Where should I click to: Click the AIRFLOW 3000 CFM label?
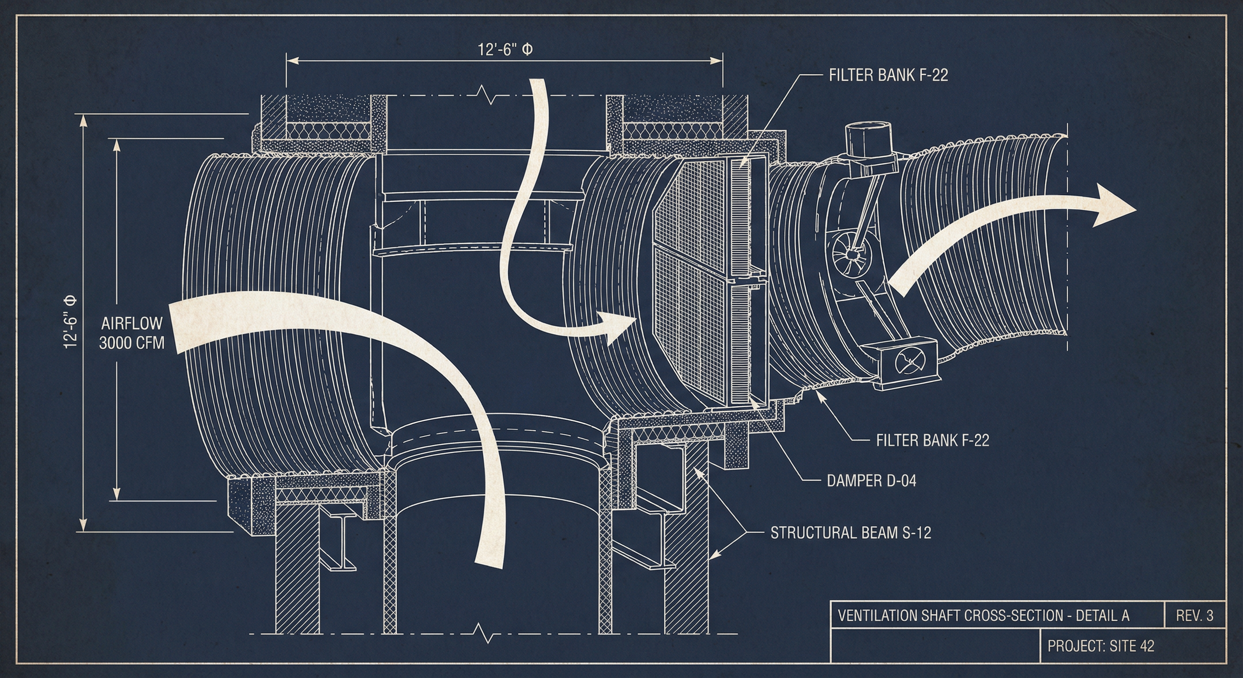click(131, 332)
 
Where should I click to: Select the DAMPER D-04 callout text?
click(871, 481)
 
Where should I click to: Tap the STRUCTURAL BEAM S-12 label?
click(850, 533)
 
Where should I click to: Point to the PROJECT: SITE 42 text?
click(1101, 646)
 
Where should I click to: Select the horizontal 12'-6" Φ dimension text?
click(506, 50)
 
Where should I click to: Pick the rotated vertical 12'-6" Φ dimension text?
click(71, 322)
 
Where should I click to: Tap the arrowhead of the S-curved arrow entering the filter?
click(620, 328)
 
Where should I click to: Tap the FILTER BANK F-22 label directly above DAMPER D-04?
click(932, 440)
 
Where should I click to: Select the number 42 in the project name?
click(1145, 646)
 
